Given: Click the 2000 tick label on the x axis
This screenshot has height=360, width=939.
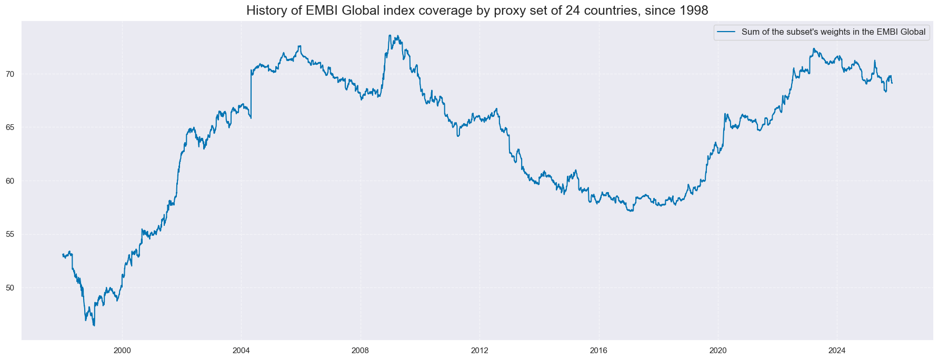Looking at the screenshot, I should click(x=122, y=351).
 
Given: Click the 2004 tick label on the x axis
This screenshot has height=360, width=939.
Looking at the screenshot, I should click(x=241, y=351).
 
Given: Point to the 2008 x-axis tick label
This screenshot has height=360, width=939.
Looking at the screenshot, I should click(x=361, y=351).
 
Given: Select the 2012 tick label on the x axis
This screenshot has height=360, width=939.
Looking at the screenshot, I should click(x=480, y=351).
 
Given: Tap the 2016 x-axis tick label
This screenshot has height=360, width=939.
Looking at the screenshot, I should click(x=599, y=351).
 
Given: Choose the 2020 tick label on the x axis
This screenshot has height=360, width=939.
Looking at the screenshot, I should click(x=718, y=351).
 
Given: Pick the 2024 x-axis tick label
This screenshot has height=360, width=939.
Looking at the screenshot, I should click(x=837, y=351).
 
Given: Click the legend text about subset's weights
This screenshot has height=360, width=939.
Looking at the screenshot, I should click(x=833, y=32).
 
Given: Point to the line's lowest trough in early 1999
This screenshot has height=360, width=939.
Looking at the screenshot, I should click(x=94, y=326).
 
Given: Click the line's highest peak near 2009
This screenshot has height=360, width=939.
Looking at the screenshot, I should click(x=389, y=35).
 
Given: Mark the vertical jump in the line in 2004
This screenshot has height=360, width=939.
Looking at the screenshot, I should click(x=251, y=95).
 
